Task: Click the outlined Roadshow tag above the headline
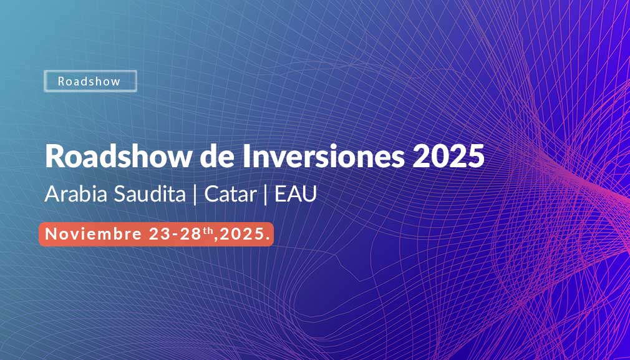90,81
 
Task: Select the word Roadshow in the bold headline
118,157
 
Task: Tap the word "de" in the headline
217,157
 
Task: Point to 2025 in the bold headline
448,157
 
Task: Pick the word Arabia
75,194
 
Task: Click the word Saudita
150,194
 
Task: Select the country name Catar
230,195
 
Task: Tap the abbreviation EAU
296,195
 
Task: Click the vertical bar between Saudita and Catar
195,195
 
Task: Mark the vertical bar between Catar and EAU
266,195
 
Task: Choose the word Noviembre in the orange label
93,234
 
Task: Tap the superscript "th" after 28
208,231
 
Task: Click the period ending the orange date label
267,239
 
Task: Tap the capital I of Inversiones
246,157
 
